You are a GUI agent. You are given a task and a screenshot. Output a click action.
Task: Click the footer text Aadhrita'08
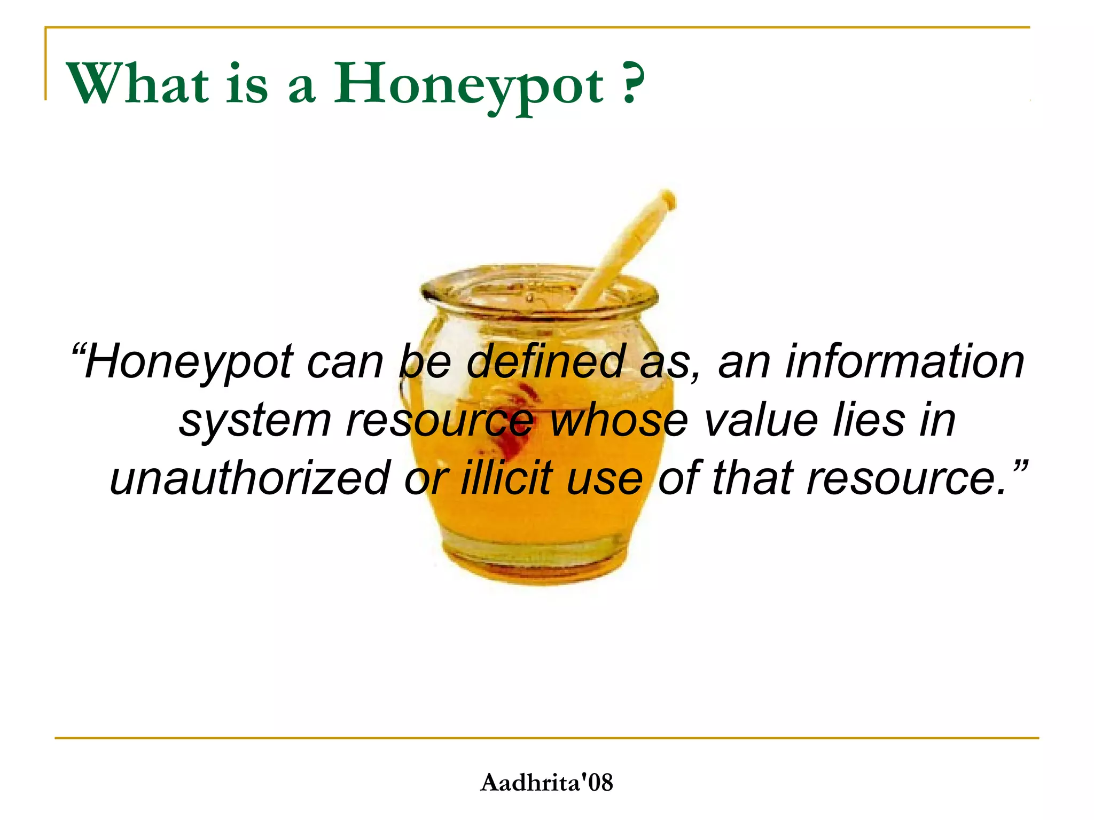click(x=546, y=783)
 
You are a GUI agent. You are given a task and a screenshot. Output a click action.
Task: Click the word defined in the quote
click(x=545, y=362)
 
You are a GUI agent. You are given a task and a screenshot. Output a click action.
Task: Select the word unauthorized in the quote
click(x=249, y=478)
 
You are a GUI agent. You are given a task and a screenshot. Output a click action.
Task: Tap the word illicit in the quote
click(x=506, y=478)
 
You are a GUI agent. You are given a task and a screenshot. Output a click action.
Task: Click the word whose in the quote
click(x=619, y=420)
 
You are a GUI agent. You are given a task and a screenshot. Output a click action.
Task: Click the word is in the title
click(x=246, y=85)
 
